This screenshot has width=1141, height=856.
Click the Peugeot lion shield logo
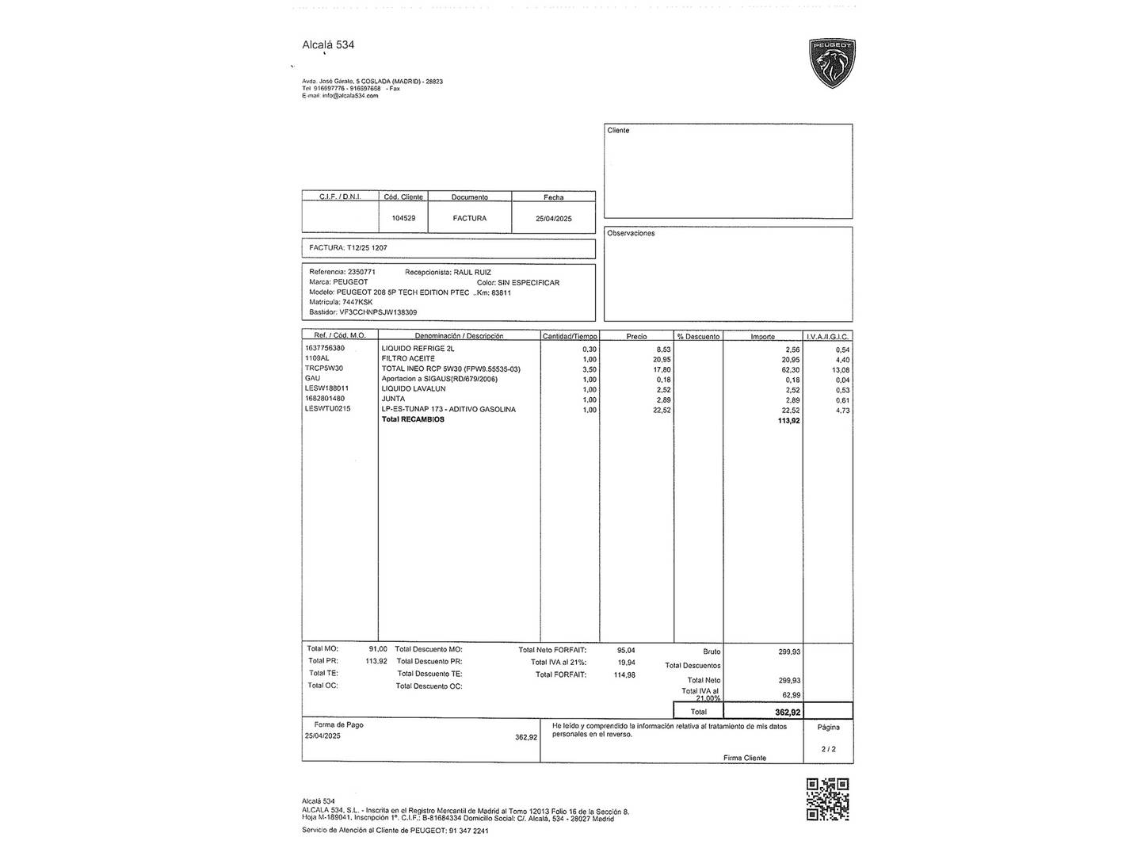831,63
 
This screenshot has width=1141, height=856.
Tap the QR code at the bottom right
827,799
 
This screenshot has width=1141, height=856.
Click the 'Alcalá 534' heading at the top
328,45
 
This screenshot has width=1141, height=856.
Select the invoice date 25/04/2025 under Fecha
553,219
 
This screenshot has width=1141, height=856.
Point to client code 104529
403,218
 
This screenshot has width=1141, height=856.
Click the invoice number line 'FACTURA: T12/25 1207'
348,248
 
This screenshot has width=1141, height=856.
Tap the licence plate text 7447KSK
357,302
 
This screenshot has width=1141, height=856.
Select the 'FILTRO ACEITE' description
408,359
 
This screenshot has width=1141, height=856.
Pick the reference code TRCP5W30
323,369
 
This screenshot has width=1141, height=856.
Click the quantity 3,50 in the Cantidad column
589,369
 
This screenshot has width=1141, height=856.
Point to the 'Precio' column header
636,336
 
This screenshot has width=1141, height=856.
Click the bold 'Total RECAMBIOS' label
413,419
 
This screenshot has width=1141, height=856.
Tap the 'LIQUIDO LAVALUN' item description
414,389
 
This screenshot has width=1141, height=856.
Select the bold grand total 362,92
788,713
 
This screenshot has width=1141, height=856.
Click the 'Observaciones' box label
631,234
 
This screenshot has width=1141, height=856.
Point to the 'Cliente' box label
618,131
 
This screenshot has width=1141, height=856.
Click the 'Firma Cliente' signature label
744,759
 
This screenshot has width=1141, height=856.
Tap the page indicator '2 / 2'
828,749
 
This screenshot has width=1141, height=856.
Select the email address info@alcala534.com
350,96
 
